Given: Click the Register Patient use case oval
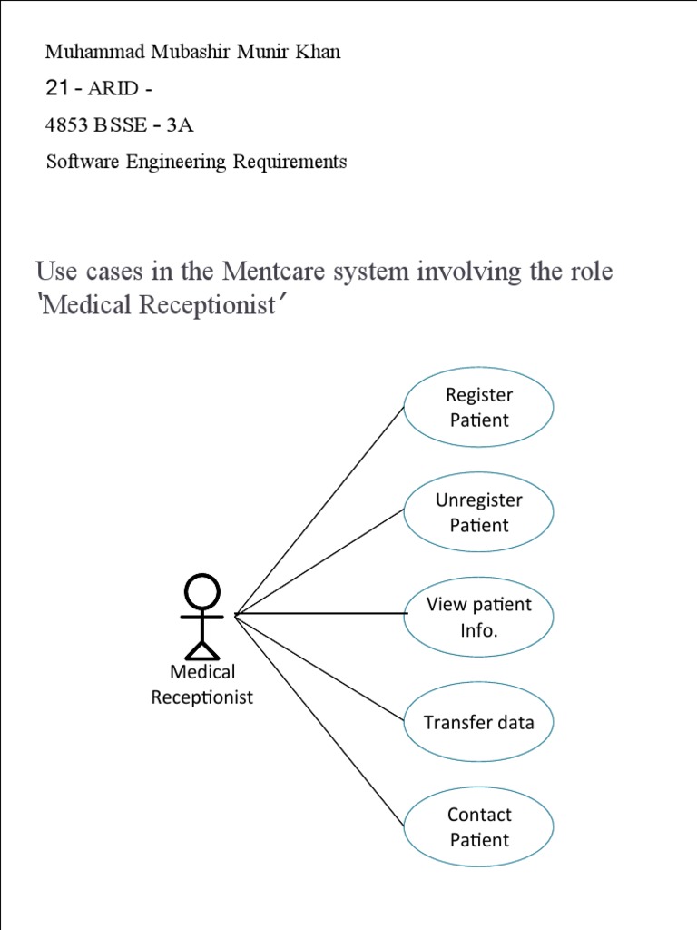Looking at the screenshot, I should pos(478,407).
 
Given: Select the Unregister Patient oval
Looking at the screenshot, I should pos(478,512).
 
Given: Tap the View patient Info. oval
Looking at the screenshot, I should pos(478,618).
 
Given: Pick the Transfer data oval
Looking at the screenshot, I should pos(478,723).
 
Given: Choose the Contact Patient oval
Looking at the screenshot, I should pos(478,827).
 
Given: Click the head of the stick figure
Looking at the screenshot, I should pos(201,592).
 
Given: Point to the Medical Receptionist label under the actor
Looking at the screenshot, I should pos(201,685).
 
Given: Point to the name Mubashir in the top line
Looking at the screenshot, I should pos(177,52).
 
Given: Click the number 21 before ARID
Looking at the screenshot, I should pos(57,88).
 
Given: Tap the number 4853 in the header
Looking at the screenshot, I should pos(63,125).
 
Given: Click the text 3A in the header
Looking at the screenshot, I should pos(180,125).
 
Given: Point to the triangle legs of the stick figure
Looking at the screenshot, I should pos(201,648).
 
